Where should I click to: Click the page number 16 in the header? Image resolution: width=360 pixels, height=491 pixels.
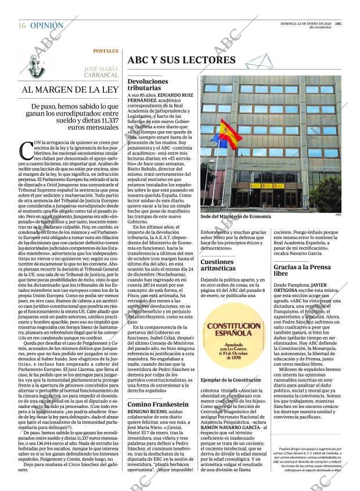(21, 26)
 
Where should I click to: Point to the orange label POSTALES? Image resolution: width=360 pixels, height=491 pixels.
(106, 51)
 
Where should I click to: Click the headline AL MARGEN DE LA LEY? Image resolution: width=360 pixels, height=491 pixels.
(70, 90)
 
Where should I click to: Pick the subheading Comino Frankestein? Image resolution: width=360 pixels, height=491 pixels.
(157, 404)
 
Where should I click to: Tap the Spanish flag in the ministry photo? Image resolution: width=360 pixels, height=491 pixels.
(230, 133)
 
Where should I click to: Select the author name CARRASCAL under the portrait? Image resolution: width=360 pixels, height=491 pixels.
(100, 75)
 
